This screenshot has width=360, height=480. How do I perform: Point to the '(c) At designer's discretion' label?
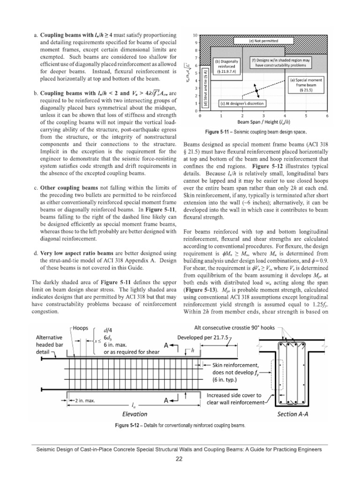(x=239, y=103)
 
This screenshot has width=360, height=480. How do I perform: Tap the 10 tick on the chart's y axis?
(x=196, y=36)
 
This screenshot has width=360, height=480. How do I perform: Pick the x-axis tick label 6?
(x=327, y=115)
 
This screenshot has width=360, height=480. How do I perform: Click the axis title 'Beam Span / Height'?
(x=262, y=121)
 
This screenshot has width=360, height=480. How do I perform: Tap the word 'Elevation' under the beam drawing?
(x=134, y=414)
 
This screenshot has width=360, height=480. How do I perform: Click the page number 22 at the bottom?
(x=180, y=459)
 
